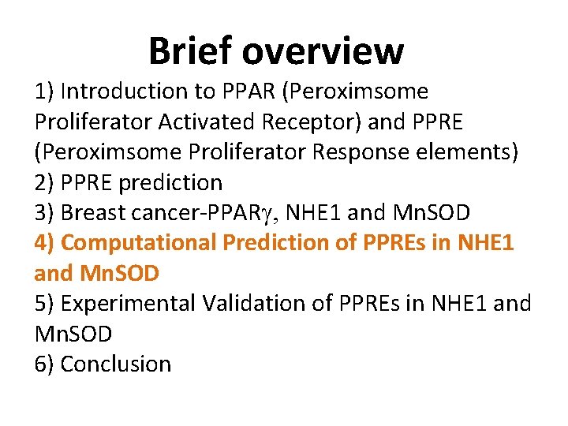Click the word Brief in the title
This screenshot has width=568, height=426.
coord(191,51)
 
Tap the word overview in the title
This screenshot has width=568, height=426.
coord(323,51)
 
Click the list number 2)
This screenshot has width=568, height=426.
coord(45,182)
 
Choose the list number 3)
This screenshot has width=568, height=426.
coord(45,213)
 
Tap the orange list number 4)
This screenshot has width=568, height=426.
coord(45,243)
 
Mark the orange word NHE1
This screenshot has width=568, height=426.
coord(485,243)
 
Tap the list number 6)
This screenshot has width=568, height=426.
coord(45,364)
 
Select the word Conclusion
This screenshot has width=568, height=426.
coord(115,364)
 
